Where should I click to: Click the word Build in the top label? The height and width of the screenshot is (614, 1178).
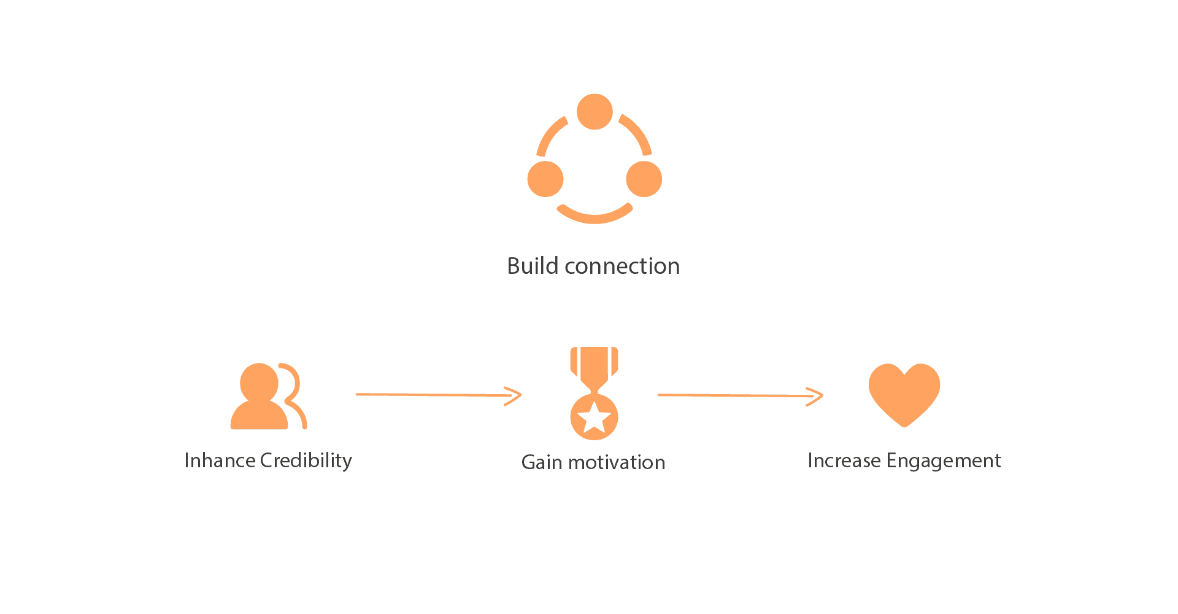pyautogui.click(x=532, y=266)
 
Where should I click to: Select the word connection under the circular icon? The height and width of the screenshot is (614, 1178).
pyautogui.click(x=622, y=266)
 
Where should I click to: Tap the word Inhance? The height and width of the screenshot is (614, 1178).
pyautogui.click(x=220, y=460)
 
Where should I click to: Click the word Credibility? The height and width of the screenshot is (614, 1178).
pyautogui.click(x=306, y=460)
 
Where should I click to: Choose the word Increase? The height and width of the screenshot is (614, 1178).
pyautogui.click(x=844, y=460)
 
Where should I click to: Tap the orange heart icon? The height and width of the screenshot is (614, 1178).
pyautogui.click(x=904, y=393)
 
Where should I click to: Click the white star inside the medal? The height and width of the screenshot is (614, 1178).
pyautogui.click(x=594, y=418)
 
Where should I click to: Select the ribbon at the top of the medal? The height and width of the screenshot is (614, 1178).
pyautogui.click(x=594, y=365)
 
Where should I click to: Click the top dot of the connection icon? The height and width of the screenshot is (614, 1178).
pyautogui.click(x=595, y=112)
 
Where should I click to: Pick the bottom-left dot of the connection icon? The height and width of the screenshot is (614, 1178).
pyautogui.click(x=545, y=179)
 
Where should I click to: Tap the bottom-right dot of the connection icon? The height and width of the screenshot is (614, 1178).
pyautogui.click(x=644, y=179)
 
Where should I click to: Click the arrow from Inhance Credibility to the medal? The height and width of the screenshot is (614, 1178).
pyautogui.click(x=438, y=395)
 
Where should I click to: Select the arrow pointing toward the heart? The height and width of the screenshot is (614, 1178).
pyautogui.click(x=739, y=395)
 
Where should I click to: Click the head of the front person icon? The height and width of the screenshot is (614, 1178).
pyautogui.click(x=259, y=382)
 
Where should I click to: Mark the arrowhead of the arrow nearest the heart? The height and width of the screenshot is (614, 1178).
pyautogui.click(x=816, y=396)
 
